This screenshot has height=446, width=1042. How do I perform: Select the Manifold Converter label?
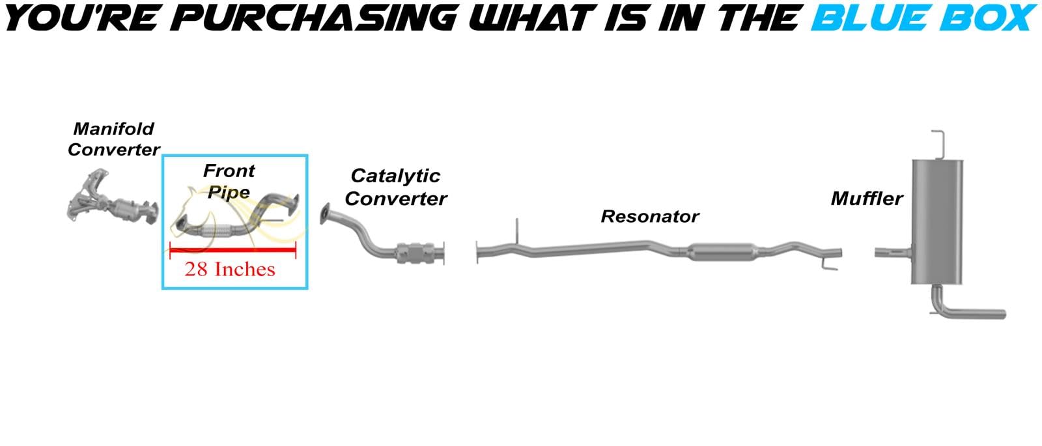(x=113, y=139)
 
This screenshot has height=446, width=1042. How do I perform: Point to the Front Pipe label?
(x=229, y=181)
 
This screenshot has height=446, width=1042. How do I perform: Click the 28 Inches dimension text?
(x=230, y=269)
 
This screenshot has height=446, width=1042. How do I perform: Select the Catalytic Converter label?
(x=395, y=187)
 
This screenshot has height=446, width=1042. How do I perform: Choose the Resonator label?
(x=649, y=216)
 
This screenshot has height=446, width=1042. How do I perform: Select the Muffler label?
(x=866, y=198)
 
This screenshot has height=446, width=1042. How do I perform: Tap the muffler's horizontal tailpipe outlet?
(x=977, y=313)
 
